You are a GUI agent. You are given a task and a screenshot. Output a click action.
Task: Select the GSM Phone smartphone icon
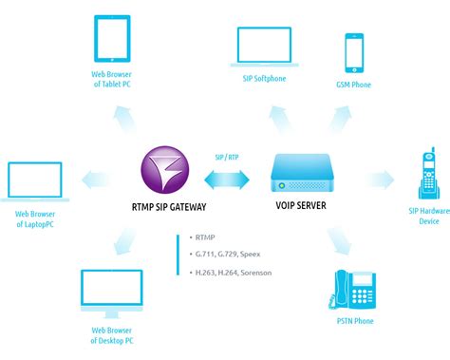(354, 54)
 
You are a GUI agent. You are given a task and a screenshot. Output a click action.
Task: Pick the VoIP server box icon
(304, 173)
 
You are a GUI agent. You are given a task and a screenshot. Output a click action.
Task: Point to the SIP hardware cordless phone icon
(428, 178)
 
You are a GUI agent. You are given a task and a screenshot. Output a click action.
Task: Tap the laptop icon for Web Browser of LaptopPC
(33, 183)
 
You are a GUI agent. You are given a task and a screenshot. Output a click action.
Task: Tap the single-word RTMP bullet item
(204, 236)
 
